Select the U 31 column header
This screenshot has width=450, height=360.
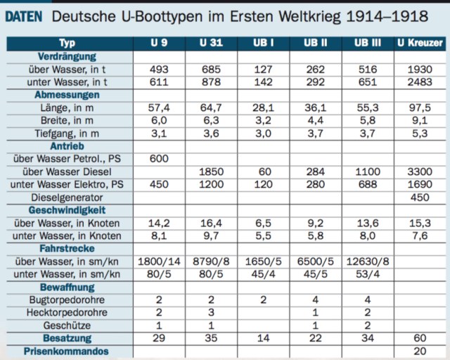(x=211, y=44)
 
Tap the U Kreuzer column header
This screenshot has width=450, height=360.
(x=420, y=44)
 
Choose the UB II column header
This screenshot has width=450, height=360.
(x=316, y=44)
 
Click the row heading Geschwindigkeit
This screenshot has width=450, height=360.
(x=67, y=210)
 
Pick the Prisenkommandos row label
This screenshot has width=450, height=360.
(x=67, y=351)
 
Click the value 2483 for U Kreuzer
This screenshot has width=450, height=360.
(x=420, y=82)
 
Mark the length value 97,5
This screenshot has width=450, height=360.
(x=420, y=108)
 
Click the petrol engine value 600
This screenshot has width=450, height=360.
(x=159, y=159)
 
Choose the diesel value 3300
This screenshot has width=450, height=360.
(x=420, y=172)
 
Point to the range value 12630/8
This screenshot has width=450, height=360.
(x=368, y=261)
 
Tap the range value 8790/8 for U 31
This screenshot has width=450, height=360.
(x=211, y=261)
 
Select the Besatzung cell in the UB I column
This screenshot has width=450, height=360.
(x=264, y=338)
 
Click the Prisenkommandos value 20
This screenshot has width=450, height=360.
(x=420, y=351)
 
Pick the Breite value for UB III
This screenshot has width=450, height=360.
(x=368, y=121)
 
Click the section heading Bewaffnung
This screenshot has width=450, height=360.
(x=67, y=287)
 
